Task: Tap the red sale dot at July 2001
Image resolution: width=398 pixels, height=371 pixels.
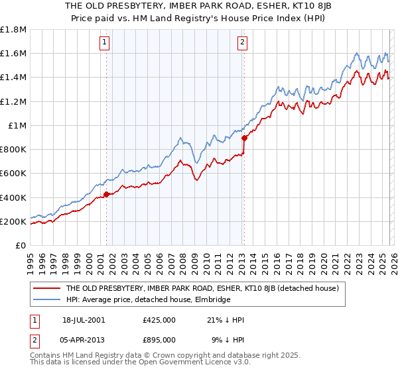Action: click(106, 195)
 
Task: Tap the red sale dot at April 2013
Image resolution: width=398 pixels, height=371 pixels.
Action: click(244, 138)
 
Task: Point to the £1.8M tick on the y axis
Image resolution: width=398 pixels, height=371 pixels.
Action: click(13, 30)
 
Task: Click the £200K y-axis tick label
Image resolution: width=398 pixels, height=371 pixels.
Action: click(13, 221)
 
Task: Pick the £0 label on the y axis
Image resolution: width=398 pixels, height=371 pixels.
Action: click(21, 246)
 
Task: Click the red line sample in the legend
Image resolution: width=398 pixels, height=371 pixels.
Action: click(46, 288)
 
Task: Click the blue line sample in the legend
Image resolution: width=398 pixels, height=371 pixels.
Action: click(46, 299)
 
